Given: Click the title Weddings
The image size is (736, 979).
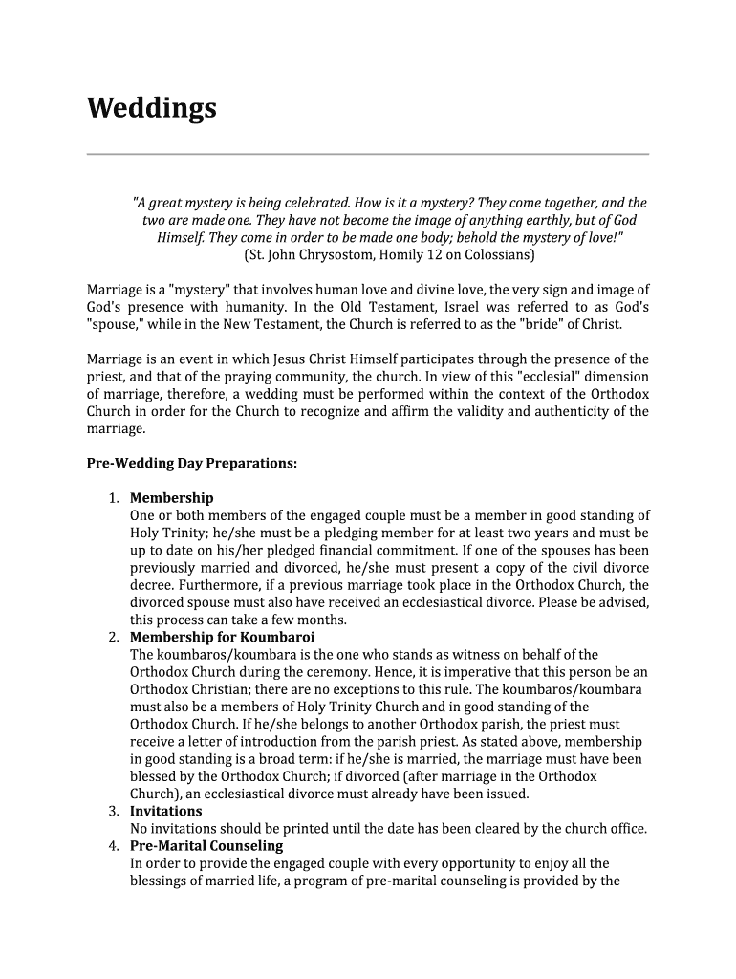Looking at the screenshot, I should point(152,109).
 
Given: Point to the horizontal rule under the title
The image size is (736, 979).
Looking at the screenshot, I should point(368,154).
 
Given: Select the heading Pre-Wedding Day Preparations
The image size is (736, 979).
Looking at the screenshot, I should point(192,464).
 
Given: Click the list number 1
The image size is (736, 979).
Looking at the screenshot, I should point(113,498).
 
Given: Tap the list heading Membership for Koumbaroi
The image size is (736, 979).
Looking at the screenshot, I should point(223,637).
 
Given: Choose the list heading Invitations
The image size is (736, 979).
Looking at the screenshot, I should point(166,811).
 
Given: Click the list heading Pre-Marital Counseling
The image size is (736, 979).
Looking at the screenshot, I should point(206,846).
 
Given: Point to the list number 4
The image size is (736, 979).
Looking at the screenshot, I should point(113,846).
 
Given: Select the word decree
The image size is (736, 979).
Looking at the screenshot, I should point(151,585).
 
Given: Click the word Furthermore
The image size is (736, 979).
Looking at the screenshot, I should point(226,585).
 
